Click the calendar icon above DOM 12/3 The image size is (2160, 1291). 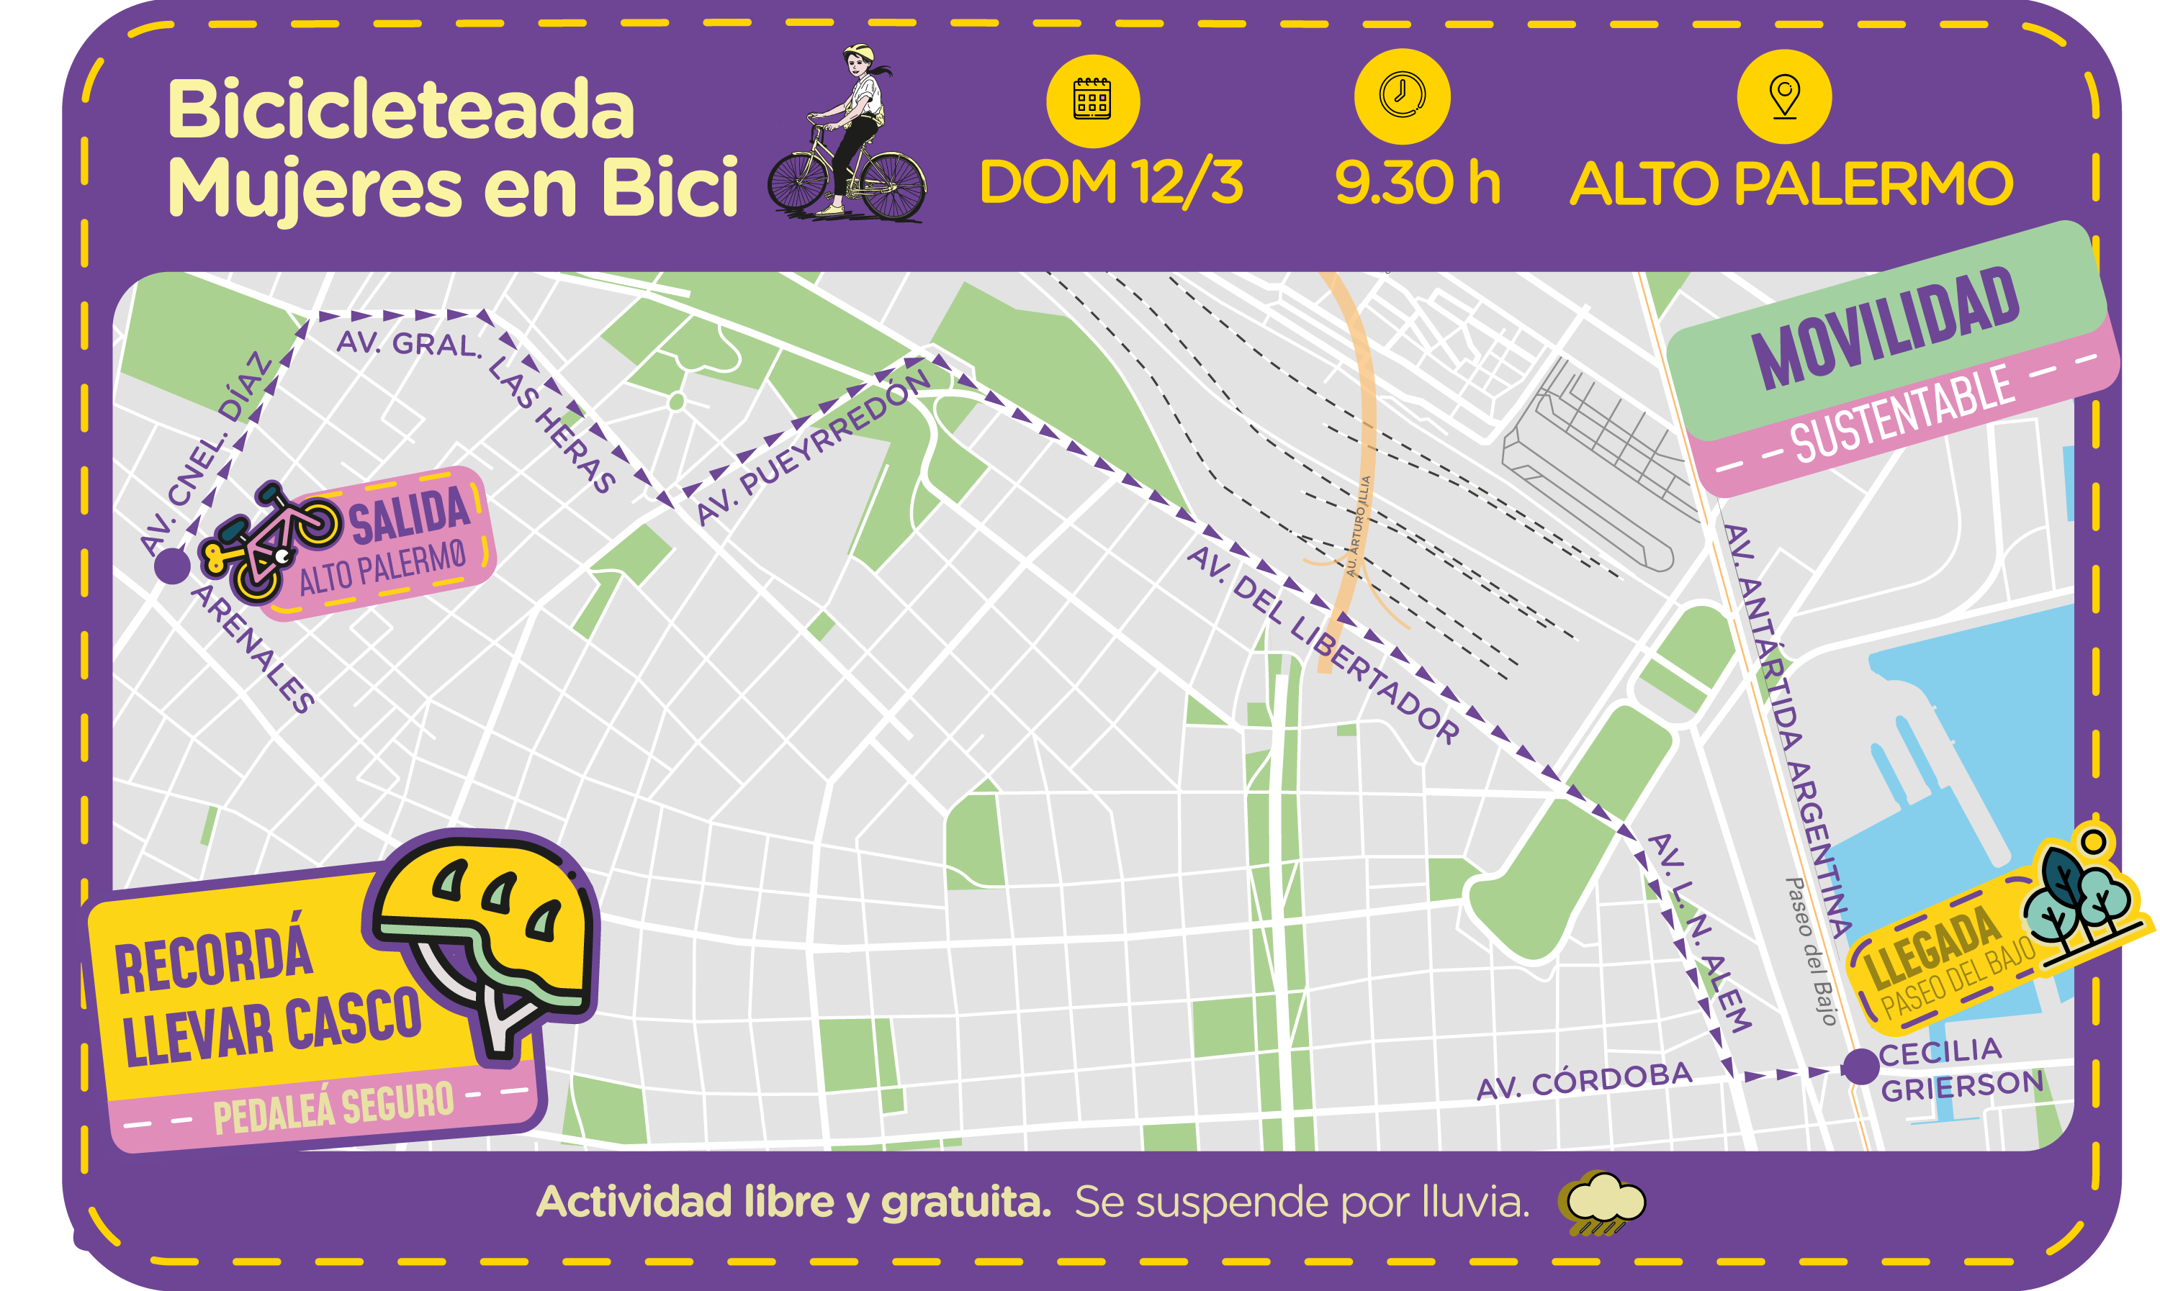1092,101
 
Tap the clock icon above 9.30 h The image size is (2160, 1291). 1402,95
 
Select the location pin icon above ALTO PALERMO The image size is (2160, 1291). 1784,96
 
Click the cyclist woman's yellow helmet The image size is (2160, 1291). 858,53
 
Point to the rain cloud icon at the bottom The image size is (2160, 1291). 1606,1201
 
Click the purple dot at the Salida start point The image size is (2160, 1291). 172,566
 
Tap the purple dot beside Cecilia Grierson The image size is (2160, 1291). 1860,1066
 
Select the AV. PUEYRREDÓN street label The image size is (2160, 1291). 813,448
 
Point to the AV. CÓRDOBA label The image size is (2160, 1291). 1584,1082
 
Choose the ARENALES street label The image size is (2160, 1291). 253,649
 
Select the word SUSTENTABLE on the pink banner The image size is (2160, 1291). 1902,416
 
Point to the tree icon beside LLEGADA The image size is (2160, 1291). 2079,905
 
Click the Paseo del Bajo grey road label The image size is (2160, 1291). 1810,952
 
